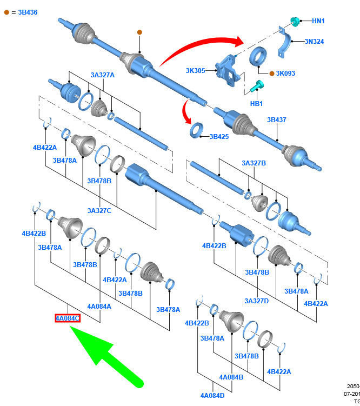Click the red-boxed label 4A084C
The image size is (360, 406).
pos(68,318)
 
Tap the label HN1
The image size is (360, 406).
pos(318,21)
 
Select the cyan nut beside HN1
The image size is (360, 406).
pos(295,21)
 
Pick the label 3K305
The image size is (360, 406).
pos(195,71)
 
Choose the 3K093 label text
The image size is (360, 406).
pos(285,74)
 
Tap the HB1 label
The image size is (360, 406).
pos(256,103)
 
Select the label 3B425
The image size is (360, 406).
pos(219,137)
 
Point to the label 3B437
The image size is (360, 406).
pos(276,119)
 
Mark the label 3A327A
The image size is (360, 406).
pos(103,75)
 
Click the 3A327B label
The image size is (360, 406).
pos(254,163)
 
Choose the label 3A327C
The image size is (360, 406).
pos(99,210)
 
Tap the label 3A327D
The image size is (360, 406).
pos(256,301)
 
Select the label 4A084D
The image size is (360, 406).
pos(212,396)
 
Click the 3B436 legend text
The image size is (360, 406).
pos(25,11)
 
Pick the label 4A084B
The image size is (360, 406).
pos(231,377)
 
